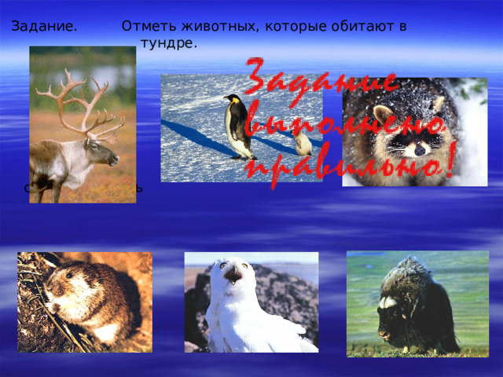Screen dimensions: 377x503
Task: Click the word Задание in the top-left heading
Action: point(44,27)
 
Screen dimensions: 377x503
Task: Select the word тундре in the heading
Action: point(168,43)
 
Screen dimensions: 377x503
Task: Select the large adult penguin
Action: point(236,126)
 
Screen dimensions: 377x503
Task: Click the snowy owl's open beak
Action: point(233,275)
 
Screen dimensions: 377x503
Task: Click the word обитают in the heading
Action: point(370,27)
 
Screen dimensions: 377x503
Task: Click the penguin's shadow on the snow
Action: point(196,137)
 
